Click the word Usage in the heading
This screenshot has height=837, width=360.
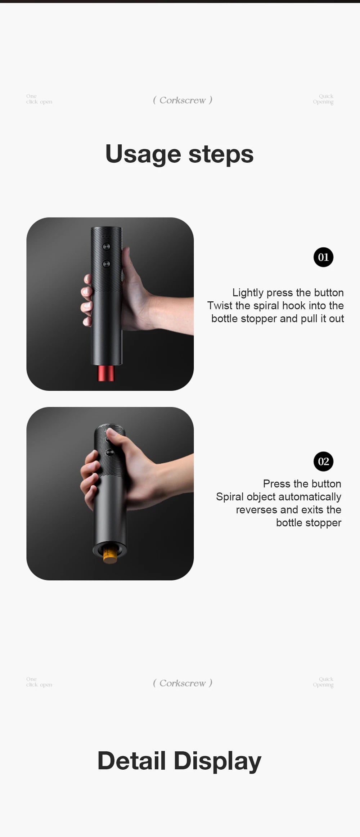tap(143, 154)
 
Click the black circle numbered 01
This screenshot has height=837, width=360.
tap(323, 257)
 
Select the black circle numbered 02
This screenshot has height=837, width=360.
tap(323, 461)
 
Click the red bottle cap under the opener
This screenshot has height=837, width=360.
tap(106, 373)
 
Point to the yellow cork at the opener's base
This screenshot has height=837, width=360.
tap(110, 554)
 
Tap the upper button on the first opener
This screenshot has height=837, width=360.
tap(107, 247)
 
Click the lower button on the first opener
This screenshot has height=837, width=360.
tap(107, 264)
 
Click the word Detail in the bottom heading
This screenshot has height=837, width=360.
tap(131, 761)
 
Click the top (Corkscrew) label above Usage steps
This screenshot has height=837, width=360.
tap(183, 100)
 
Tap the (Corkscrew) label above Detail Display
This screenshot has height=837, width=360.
tap(183, 683)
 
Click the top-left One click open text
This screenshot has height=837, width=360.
tap(39, 99)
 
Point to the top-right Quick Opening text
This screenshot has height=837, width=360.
tap(323, 99)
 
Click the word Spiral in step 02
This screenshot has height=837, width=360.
tap(230, 497)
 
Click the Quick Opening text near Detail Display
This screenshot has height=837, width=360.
tap(323, 682)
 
